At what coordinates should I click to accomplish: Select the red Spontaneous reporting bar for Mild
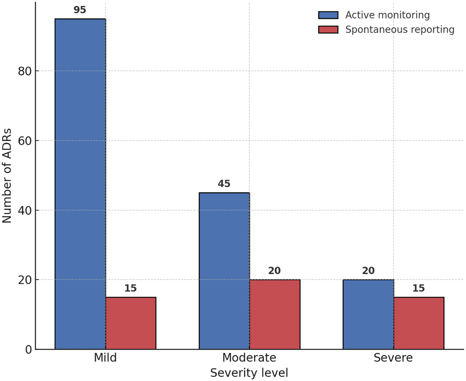click(x=131, y=323)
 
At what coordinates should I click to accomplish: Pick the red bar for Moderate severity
click(x=275, y=314)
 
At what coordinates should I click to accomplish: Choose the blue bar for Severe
click(x=368, y=314)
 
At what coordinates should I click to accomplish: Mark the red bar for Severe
click(x=419, y=323)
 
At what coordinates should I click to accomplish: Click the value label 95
click(x=80, y=10)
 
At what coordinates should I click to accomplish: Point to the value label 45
click(x=224, y=184)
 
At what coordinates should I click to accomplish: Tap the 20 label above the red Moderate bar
click(x=275, y=271)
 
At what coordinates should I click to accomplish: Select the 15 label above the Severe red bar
click(x=419, y=288)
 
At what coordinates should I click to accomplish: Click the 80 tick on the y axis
click(x=25, y=71)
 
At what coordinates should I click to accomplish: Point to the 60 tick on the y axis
click(x=25, y=141)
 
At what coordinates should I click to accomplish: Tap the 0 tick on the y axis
click(x=29, y=350)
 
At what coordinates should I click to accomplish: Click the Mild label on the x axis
click(x=105, y=358)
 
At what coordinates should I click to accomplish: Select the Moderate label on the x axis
click(x=249, y=358)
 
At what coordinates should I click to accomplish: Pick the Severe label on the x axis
click(x=393, y=358)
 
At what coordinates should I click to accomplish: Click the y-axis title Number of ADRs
click(x=7, y=176)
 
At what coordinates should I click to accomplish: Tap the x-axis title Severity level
click(x=249, y=373)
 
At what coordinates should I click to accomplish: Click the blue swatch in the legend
click(x=328, y=15)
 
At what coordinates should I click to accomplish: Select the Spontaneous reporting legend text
click(x=400, y=30)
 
